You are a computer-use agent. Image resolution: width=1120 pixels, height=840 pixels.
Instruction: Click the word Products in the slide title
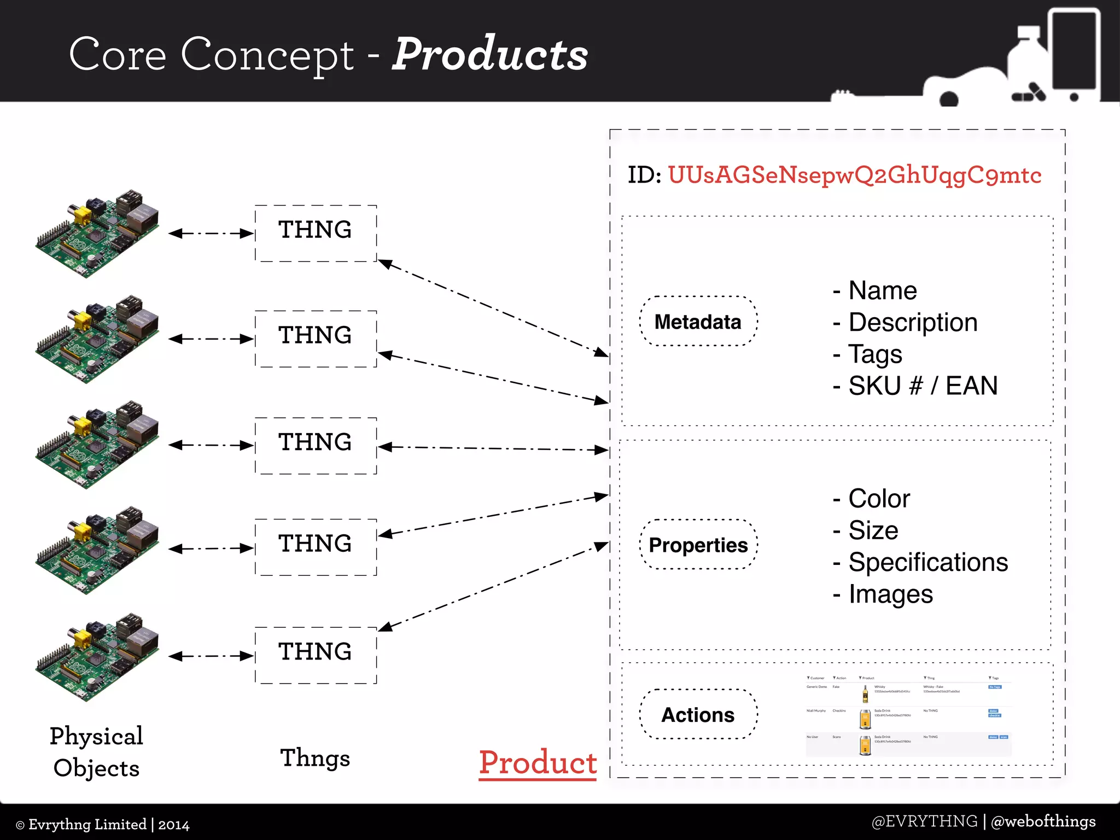pyautogui.click(x=490, y=54)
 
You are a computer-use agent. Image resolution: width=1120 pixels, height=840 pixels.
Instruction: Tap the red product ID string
pyautogui.click(x=854, y=176)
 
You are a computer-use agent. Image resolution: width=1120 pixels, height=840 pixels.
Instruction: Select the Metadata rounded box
pyautogui.click(x=698, y=322)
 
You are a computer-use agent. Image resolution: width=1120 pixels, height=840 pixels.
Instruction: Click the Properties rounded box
pyautogui.click(x=698, y=545)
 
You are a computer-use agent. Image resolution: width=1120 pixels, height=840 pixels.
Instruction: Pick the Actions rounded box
pyautogui.click(x=698, y=715)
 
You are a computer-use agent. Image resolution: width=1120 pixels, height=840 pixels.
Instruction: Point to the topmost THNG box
pyautogui.click(x=316, y=233)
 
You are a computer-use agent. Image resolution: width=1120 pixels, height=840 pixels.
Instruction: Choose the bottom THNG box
pyautogui.click(x=316, y=655)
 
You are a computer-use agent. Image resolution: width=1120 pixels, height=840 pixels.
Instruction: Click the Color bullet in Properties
pyautogui.click(x=872, y=499)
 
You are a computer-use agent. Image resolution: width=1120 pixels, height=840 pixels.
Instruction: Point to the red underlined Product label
pyautogui.click(x=538, y=762)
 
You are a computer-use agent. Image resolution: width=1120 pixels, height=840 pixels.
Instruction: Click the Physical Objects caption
pyautogui.click(x=96, y=752)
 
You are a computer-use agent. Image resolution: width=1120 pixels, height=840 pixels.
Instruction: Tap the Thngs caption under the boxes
pyautogui.click(x=315, y=758)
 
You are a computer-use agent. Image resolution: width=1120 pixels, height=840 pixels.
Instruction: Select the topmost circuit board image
pyautogui.click(x=97, y=234)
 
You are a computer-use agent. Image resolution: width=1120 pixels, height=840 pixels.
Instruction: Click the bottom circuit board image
pyautogui.click(x=97, y=657)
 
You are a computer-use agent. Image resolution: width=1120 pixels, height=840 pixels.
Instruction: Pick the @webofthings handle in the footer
pyautogui.click(x=1043, y=821)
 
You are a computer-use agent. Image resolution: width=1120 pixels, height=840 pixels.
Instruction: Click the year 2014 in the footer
pyautogui.click(x=174, y=825)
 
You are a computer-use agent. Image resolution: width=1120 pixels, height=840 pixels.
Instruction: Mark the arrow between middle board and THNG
pyautogui.click(x=211, y=445)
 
